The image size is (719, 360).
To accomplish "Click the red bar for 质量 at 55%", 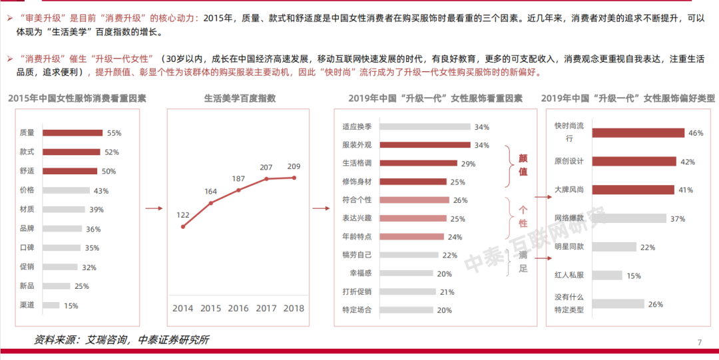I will coord(73,132).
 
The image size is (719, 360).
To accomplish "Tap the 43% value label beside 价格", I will coord(101,190).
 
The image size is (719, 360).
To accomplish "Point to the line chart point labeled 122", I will coord(182,227).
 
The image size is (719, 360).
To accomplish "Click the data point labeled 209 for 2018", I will coord(294,178).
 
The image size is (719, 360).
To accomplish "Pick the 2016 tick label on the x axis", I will coord(238,308).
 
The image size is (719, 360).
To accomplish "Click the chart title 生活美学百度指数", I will coord(239,98).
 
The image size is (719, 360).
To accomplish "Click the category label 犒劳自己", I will coord(356,254).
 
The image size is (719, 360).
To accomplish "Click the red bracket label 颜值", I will coord(523,164).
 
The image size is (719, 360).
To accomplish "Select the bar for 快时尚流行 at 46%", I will coord(637,132).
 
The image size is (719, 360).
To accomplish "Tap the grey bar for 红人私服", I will coord(606,275).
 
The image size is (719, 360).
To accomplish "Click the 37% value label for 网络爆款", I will coord(678,218).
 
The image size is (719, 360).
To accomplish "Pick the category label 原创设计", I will coord(569,161).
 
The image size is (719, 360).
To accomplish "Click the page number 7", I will coord(700,342).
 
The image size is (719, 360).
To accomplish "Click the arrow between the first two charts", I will coord(154,208).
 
